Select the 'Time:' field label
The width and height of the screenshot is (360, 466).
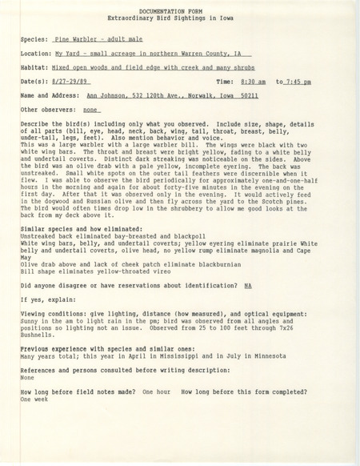(x=227, y=82)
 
